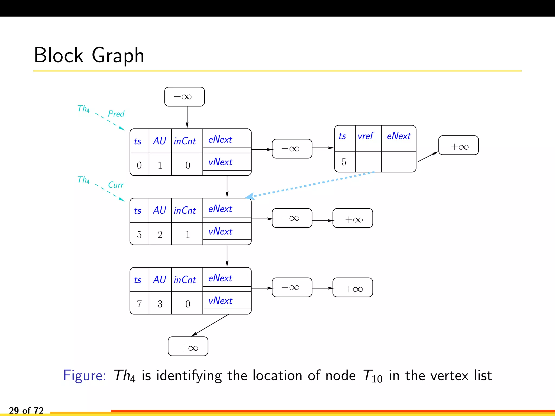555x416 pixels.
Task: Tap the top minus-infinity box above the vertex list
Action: pyautogui.click(x=184, y=97)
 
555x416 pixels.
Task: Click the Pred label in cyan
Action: pyautogui.click(x=116, y=114)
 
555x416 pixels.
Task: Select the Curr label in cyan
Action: pyautogui.click(x=116, y=185)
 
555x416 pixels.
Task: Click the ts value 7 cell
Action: pyautogui.click(x=139, y=304)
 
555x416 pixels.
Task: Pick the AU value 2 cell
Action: pyautogui.click(x=160, y=234)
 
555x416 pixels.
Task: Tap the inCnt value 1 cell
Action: pyautogui.click(x=188, y=234)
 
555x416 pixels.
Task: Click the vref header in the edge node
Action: pyautogui.click(x=366, y=136)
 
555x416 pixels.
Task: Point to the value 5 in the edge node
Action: pyautogui.click(x=344, y=162)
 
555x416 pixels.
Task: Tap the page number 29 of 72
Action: pyautogui.click(x=26, y=410)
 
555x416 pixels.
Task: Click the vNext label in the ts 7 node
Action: pyautogui.click(x=220, y=301)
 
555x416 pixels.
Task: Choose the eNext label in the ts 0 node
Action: pyautogui.click(x=220, y=139)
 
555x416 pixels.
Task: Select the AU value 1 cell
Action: pyautogui.click(x=160, y=165)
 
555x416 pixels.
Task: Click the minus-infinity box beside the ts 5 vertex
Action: pyautogui.click(x=292, y=218)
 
